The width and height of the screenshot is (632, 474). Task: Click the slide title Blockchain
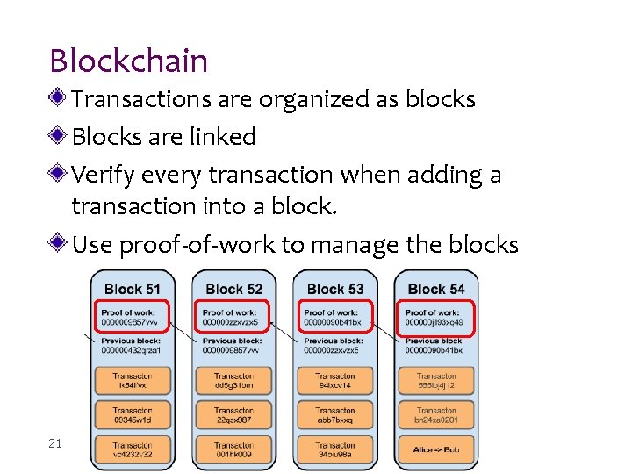(x=129, y=61)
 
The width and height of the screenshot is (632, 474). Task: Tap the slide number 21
(x=55, y=443)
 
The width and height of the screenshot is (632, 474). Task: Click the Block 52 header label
(x=233, y=289)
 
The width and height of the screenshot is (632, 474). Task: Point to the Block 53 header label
(x=335, y=289)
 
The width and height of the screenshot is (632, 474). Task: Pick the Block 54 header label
(x=436, y=289)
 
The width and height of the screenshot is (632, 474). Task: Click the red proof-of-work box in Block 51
(x=132, y=317)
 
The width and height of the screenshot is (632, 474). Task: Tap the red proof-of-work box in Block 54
(x=436, y=317)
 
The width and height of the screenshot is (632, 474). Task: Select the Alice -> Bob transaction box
(x=436, y=449)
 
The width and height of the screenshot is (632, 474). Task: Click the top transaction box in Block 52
(x=233, y=380)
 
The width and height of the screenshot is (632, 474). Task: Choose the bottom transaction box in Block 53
(x=335, y=449)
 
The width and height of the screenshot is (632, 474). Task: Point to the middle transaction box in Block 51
(x=132, y=414)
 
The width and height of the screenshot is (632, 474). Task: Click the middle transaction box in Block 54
(x=436, y=414)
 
